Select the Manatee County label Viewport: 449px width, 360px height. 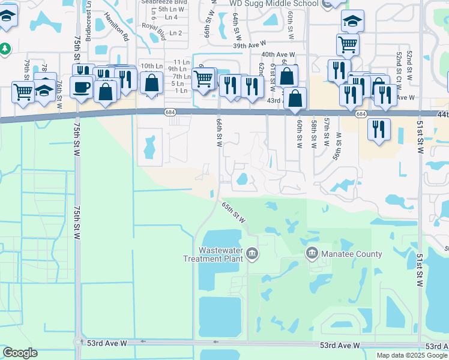[x=352, y=254]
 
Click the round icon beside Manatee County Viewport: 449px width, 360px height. [x=312, y=253]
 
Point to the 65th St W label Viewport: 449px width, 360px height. [x=234, y=212]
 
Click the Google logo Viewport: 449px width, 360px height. [x=20, y=353]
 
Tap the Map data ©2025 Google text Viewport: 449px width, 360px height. [x=412, y=355]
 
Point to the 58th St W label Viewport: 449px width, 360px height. [x=313, y=133]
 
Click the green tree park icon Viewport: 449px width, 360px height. [x=5, y=47]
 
